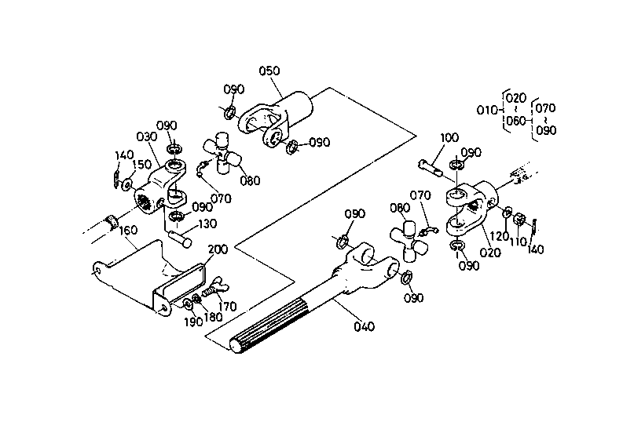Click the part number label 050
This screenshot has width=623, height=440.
[269, 71]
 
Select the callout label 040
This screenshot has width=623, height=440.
[364, 326]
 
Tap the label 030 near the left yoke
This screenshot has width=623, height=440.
[147, 137]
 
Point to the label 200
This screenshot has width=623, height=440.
[218, 249]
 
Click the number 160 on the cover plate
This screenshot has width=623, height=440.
[127, 230]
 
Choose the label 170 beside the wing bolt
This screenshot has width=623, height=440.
[227, 307]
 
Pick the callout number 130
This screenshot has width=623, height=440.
[207, 224]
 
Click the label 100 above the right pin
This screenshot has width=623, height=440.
[449, 138]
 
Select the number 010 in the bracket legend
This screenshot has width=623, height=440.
[487, 110]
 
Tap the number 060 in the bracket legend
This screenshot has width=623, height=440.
[516, 121]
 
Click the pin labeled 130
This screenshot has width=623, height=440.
[180, 239]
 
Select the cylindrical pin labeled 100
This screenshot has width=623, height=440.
[430, 167]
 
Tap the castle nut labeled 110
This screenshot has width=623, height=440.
[519, 219]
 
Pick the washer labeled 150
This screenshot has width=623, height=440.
[127, 184]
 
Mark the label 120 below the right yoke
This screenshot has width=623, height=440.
[499, 236]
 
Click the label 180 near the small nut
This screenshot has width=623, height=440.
[213, 317]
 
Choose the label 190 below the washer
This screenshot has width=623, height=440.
[193, 322]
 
